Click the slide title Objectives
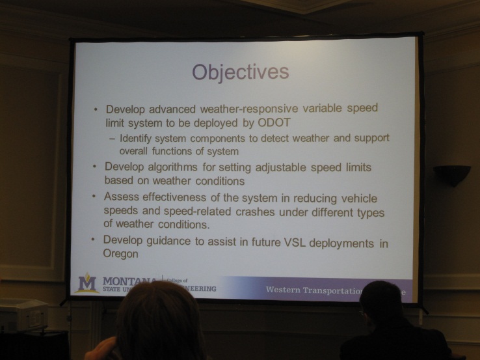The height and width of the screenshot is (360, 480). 240,72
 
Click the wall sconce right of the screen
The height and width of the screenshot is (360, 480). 452,174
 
